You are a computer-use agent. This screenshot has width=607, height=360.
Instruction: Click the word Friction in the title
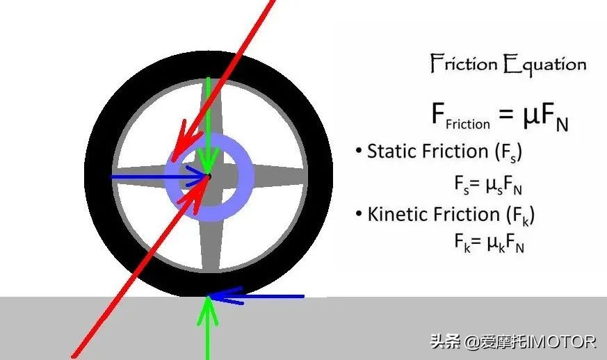click(x=464, y=65)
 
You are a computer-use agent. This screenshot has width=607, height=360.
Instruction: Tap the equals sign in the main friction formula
click(x=505, y=117)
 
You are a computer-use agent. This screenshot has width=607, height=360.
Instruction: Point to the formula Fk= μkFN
click(x=487, y=243)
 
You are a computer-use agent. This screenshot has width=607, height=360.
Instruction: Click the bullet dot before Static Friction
click(x=358, y=152)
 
